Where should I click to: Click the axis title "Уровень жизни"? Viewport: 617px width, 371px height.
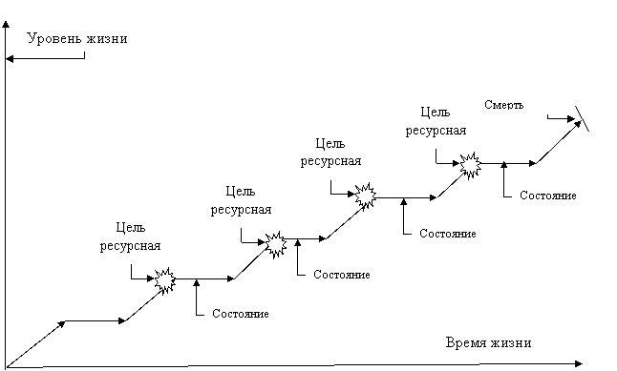point(77,38)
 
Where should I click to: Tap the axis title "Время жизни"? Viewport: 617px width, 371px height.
point(488,342)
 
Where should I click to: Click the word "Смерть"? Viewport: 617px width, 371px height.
point(503,105)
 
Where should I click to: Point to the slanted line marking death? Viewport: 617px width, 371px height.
point(582,118)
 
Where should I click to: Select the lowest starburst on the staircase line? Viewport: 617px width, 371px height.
point(165,279)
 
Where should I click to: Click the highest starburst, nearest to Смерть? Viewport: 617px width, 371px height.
point(471,165)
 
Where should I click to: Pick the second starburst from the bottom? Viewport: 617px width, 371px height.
point(276,244)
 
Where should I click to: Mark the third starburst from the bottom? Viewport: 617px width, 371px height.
point(366,196)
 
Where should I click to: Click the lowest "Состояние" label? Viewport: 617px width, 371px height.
point(241,314)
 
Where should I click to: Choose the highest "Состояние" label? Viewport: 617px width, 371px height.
point(547,196)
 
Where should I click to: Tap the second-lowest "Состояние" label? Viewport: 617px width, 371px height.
point(342,275)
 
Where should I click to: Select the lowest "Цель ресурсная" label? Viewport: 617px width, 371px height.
point(130,237)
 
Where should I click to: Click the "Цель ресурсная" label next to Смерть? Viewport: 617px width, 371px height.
point(436,121)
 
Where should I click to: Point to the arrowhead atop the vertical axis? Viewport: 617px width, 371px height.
point(6,25)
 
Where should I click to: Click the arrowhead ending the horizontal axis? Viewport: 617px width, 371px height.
point(579,364)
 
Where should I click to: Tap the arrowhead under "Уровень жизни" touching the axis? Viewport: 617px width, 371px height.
point(10,59)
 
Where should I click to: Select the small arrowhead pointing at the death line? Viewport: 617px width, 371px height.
point(571,118)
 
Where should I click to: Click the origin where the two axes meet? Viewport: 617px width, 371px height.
point(6,368)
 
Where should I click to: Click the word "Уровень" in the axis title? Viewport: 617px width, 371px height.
point(54,38)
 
